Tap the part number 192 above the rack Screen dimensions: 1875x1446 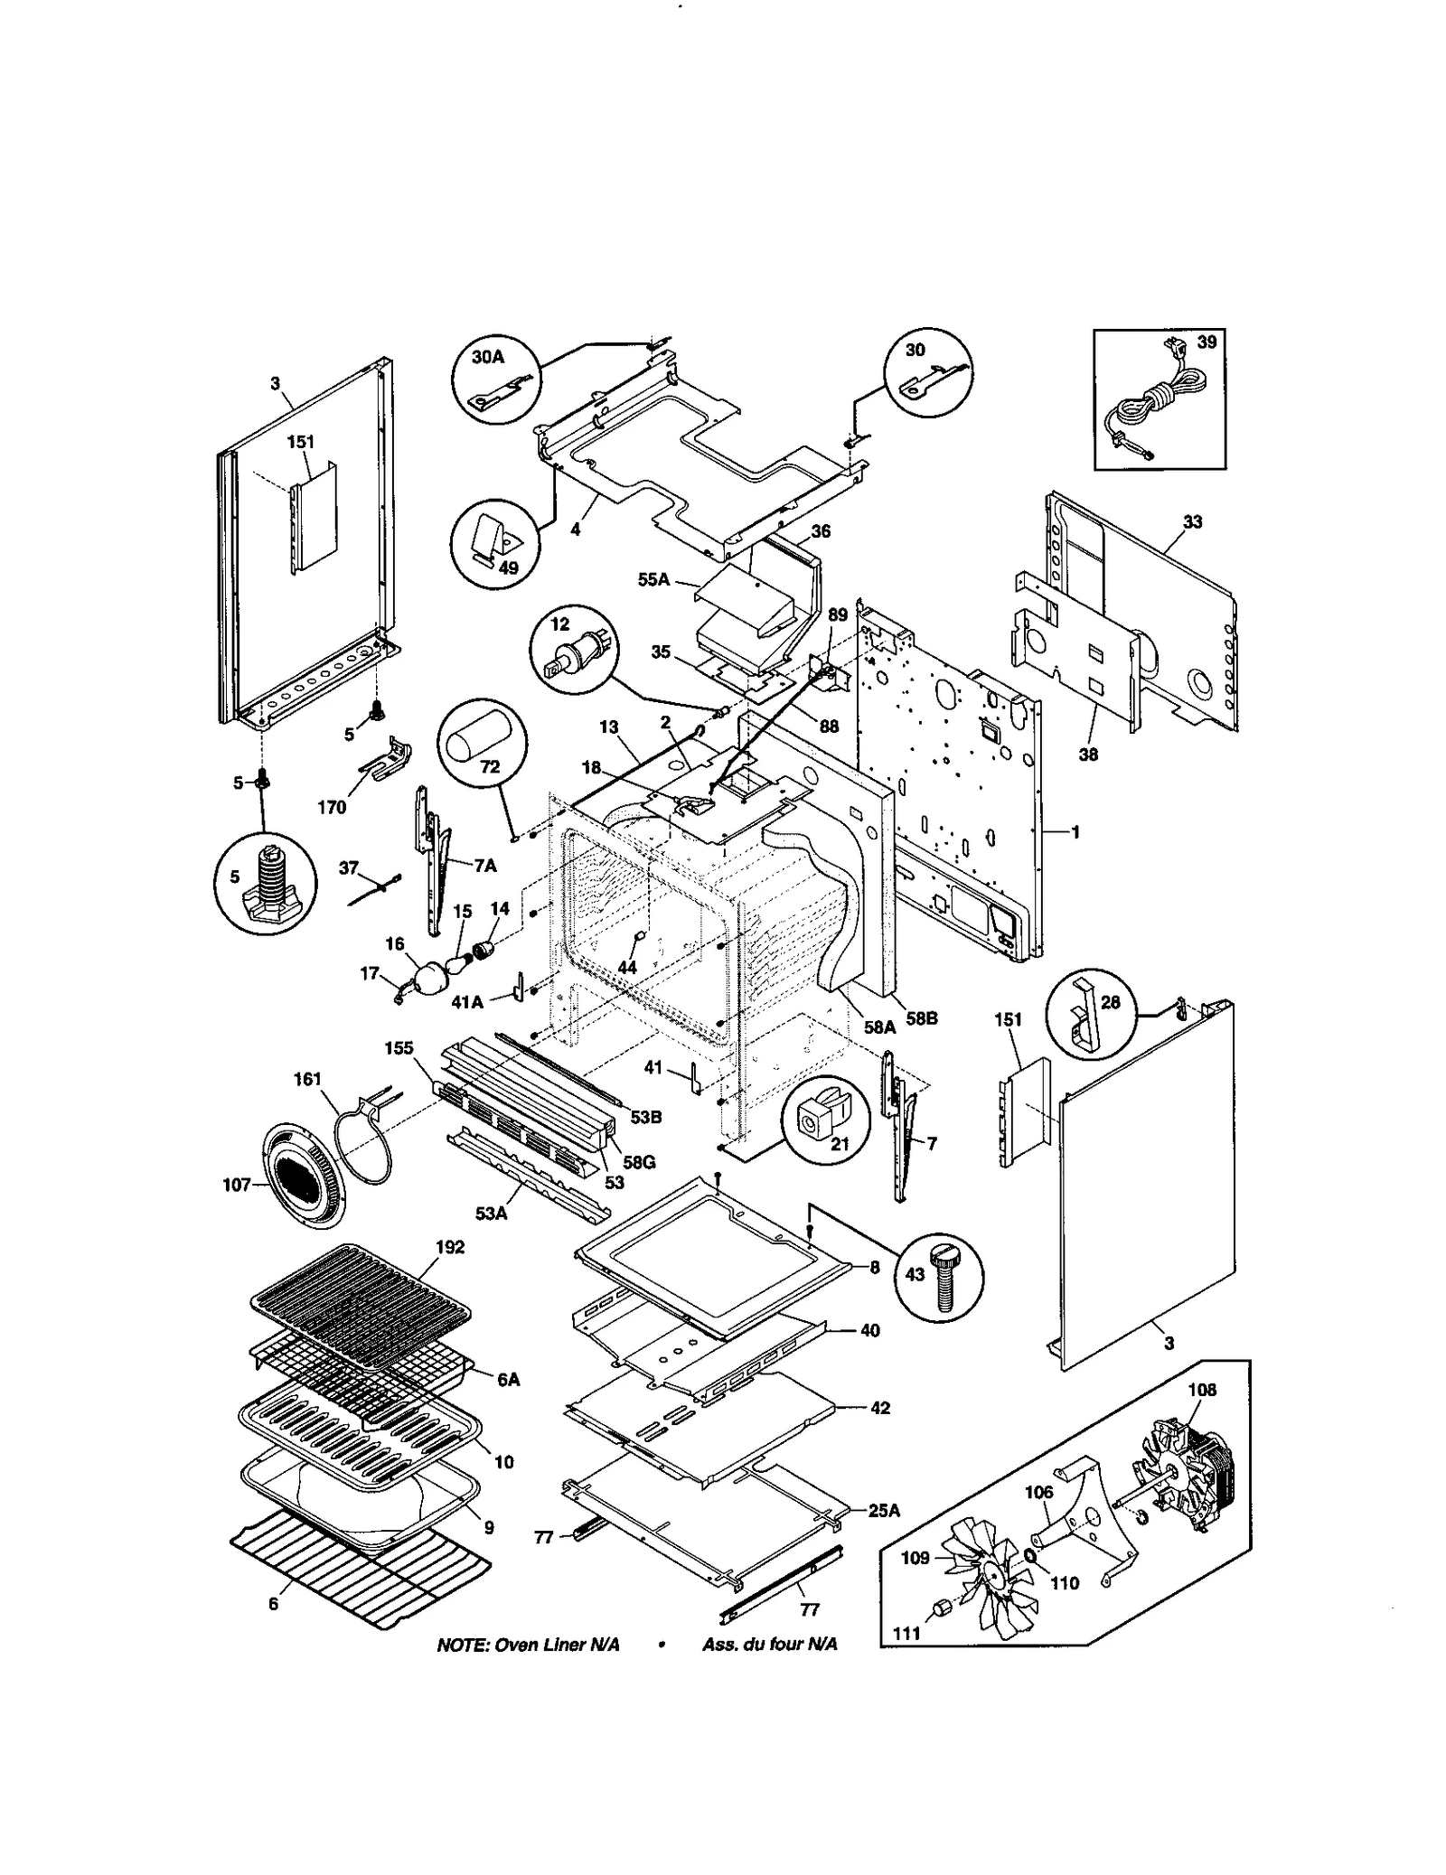[449, 1247]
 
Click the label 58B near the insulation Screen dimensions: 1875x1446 [922, 1018]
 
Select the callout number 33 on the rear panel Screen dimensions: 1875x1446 [1192, 522]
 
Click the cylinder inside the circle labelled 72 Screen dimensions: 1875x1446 [481, 740]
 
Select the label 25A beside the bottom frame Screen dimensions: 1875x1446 [883, 1510]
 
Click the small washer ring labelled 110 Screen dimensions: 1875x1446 [1031, 1555]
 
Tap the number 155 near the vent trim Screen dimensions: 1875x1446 [399, 1048]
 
